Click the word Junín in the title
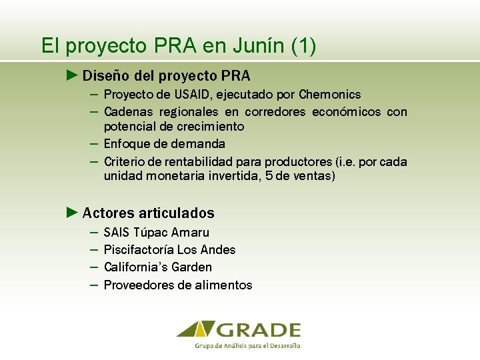(259, 46)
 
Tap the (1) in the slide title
(304, 46)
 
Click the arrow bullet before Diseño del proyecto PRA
(73, 75)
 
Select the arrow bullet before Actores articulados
(73, 213)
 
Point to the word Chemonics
(330, 95)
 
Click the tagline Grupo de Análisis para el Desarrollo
(247, 346)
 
